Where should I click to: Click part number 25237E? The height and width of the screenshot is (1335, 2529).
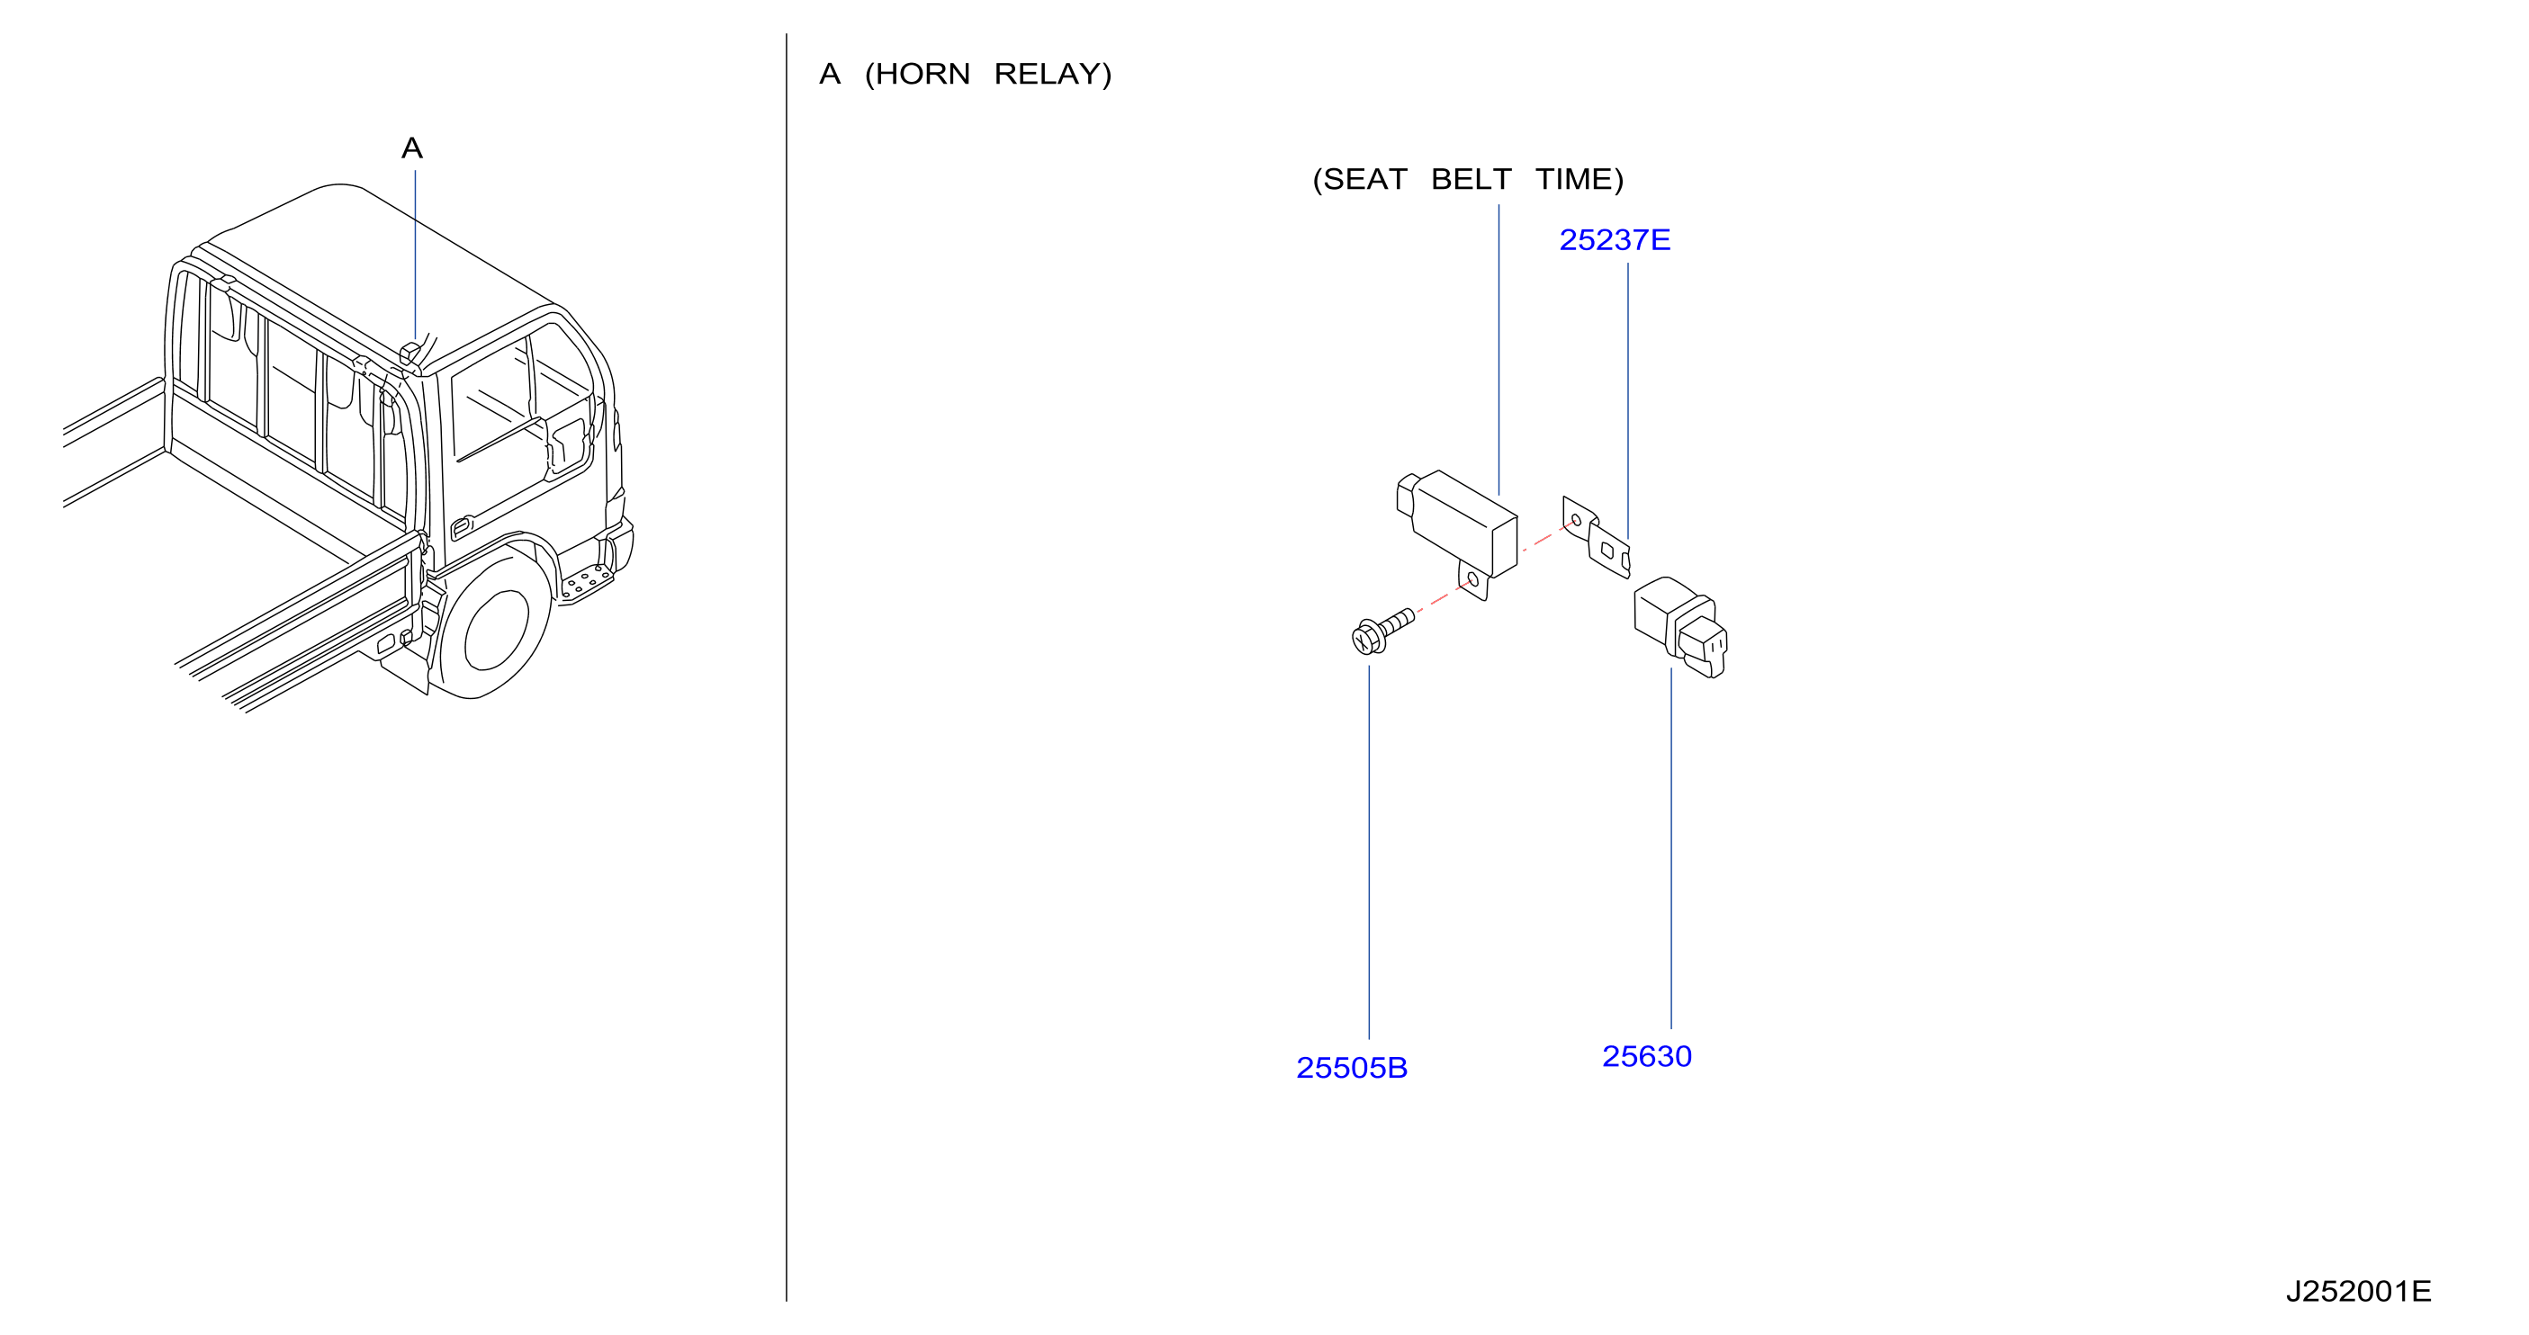tap(1614, 240)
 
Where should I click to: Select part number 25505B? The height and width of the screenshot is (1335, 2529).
tap(1351, 1068)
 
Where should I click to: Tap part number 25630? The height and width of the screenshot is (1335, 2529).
tap(1646, 1056)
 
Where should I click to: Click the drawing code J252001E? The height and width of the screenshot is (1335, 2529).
tap(2358, 1291)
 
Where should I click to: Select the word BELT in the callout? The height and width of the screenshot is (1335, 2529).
tap(1471, 180)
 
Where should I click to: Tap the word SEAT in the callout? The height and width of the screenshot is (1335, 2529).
tap(1365, 180)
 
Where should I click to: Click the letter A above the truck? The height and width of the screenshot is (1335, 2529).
tap(412, 148)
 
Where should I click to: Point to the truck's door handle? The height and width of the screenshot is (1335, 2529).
tap(462, 528)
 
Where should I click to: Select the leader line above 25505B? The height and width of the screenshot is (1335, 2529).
tap(1369, 852)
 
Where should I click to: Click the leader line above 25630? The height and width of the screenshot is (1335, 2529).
tap(1671, 848)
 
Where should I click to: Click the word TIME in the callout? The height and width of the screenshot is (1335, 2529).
tap(1579, 180)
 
